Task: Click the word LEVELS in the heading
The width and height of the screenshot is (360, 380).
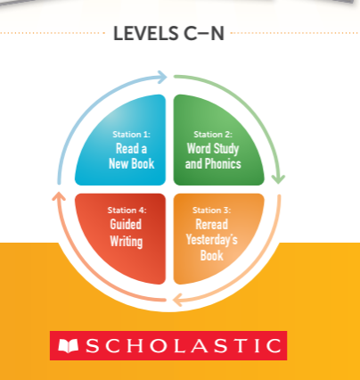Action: (x=146, y=33)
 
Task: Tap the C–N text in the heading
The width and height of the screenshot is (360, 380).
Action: (x=204, y=33)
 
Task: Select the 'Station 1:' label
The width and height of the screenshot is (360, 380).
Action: (x=131, y=135)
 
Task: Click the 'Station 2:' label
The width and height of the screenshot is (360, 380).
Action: (x=213, y=135)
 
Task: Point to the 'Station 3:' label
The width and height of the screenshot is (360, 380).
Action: (x=211, y=211)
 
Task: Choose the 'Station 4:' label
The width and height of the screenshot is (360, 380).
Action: (x=127, y=211)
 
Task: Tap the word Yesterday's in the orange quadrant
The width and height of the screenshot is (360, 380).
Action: (x=212, y=239)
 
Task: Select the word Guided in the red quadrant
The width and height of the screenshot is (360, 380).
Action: (x=126, y=224)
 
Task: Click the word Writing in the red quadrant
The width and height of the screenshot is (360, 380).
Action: (x=127, y=241)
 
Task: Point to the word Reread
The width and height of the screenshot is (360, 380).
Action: (x=212, y=224)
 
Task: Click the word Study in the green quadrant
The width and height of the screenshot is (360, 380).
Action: (x=226, y=149)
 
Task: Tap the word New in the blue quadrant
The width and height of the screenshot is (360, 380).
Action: (x=119, y=163)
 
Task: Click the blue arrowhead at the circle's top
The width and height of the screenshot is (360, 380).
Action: (x=162, y=77)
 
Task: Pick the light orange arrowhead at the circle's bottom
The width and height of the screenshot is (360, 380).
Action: (x=177, y=300)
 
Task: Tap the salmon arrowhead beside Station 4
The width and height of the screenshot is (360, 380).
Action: (x=59, y=196)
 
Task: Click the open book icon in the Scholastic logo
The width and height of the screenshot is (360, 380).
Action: (x=68, y=346)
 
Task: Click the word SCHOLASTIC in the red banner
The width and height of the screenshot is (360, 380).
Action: (x=184, y=346)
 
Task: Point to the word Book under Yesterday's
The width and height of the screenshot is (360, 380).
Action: (x=211, y=255)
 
